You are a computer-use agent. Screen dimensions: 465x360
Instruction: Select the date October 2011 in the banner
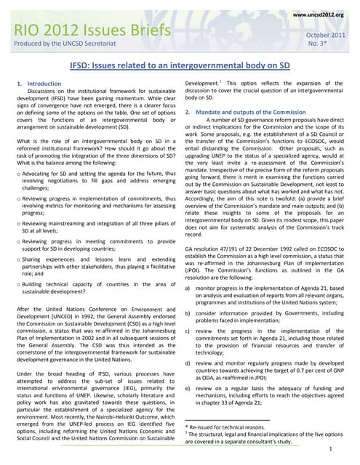coord(324,34)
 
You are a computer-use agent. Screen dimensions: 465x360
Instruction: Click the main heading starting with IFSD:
coord(180,66)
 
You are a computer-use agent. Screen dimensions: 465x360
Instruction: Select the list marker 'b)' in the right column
coord(189,313)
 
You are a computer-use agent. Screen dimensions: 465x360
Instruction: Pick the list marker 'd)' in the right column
coord(189,363)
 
